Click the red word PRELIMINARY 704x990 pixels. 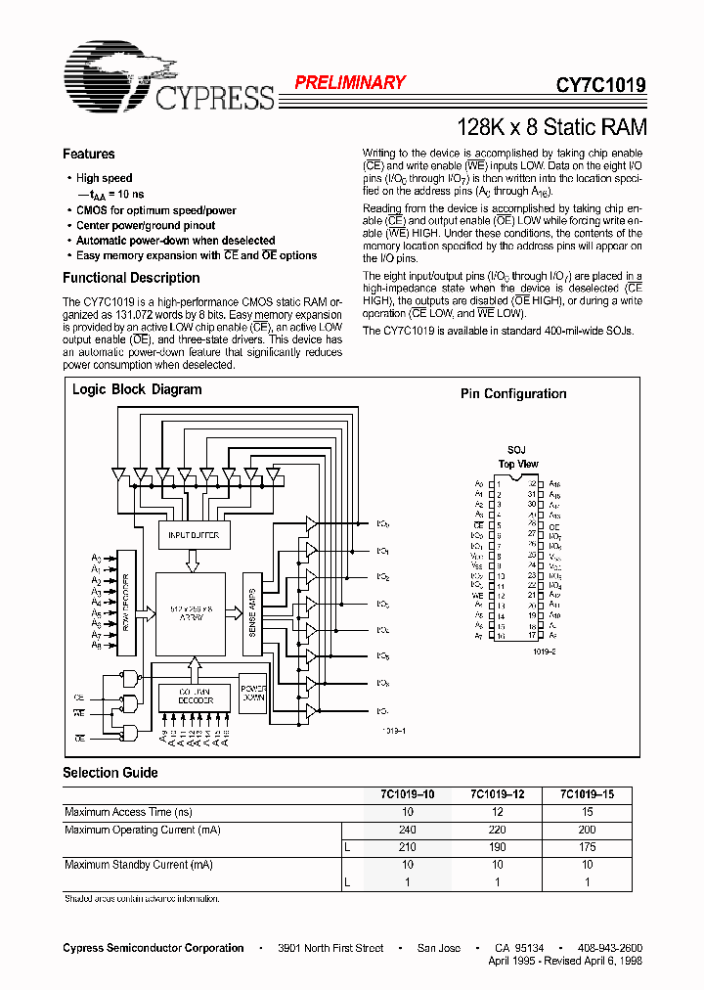click(x=350, y=83)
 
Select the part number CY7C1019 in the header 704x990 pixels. click(x=600, y=85)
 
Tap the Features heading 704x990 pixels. click(x=89, y=154)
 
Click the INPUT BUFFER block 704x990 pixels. click(x=193, y=535)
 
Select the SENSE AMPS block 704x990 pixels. click(x=252, y=610)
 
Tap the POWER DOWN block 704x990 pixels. click(x=253, y=691)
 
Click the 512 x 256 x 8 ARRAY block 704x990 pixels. click(x=193, y=611)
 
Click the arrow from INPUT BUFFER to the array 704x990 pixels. click(x=193, y=560)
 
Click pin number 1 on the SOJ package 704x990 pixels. click(x=498, y=484)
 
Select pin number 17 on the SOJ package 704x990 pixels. click(x=533, y=636)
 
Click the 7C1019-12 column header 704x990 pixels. click(x=498, y=794)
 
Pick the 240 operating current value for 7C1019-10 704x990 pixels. click(x=408, y=830)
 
